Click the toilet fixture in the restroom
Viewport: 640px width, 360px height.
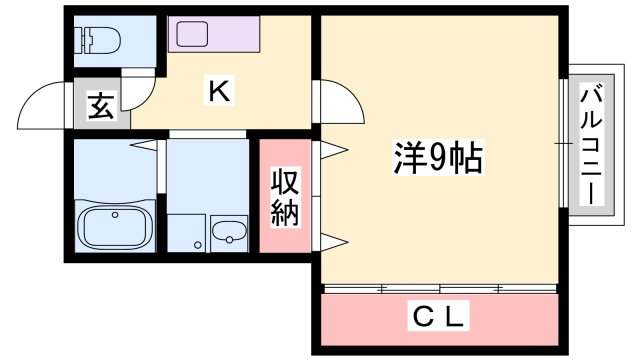click(x=101, y=40)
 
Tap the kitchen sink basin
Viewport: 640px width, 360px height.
click(x=193, y=34)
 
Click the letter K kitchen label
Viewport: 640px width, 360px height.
click(x=219, y=91)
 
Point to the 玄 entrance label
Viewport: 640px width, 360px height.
click(x=101, y=106)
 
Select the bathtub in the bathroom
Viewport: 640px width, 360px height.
click(x=115, y=226)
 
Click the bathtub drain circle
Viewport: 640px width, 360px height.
click(x=115, y=215)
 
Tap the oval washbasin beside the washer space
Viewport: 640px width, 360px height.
click(x=229, y=232)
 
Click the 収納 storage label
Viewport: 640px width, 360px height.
click(x=285, y=197)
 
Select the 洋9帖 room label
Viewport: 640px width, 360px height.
click(x=438, y=157)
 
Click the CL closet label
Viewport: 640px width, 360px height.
click(x=438, y=316)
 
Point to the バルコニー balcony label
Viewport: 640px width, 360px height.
click(x=591, y=144)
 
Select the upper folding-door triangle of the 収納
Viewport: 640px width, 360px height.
click(x=334, y=150)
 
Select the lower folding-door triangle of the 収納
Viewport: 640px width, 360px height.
click(x=334, y=242)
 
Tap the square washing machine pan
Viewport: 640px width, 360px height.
click(x=186, y=233)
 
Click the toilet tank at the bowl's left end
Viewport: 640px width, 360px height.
click(x=87, y=40)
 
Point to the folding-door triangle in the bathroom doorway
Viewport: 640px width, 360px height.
click(x=144, y=145)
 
